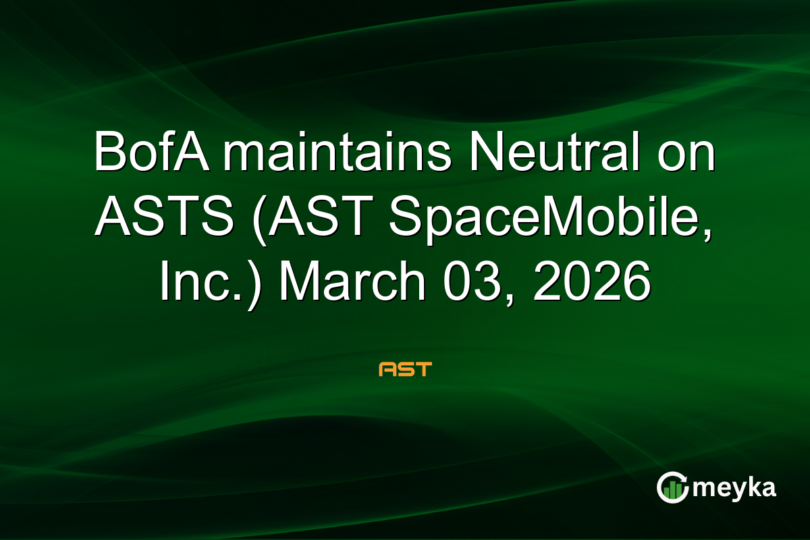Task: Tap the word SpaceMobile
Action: click(537, 219)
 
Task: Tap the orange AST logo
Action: click(405, 369)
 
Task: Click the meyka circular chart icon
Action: click(672, 487)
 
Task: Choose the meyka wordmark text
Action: click(734, 487)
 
